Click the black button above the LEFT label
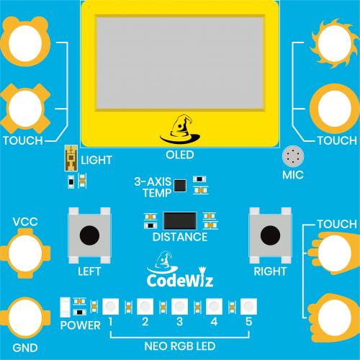[89, 235]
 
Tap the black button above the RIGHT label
[270, 235]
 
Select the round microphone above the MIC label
[293, 156]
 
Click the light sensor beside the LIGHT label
[71, 158]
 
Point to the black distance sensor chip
[180, 221]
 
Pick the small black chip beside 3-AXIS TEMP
[180, 186]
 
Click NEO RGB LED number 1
[111, 307]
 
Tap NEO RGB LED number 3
[179, 307]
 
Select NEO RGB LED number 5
[248, 307]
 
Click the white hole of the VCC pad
[25, 253]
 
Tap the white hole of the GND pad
[25, 318]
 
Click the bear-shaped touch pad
[25, 41]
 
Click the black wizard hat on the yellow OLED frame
[180, 129]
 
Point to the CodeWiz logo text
[180, 280]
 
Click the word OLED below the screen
[180, 155]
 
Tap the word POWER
[80, 325]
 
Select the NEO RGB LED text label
[180, 346]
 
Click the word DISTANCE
[180, 237]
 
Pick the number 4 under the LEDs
[214, 322]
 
